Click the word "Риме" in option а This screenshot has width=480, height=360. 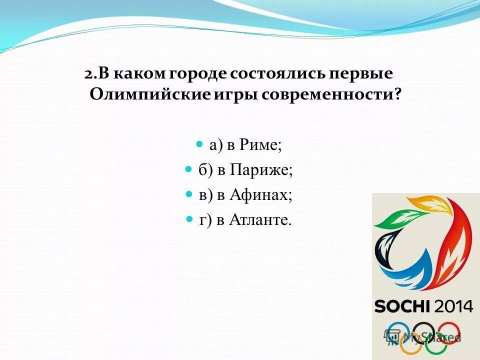click(x=261, y=145)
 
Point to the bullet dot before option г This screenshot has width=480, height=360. click(x=189, y=219)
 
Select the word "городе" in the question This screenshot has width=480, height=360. click(x=198, y=73)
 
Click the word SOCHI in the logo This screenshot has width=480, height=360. click(x=402, y=306)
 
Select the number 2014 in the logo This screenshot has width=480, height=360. click(x=452, y=306)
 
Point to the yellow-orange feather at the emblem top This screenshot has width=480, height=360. click(x=429, y=203)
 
